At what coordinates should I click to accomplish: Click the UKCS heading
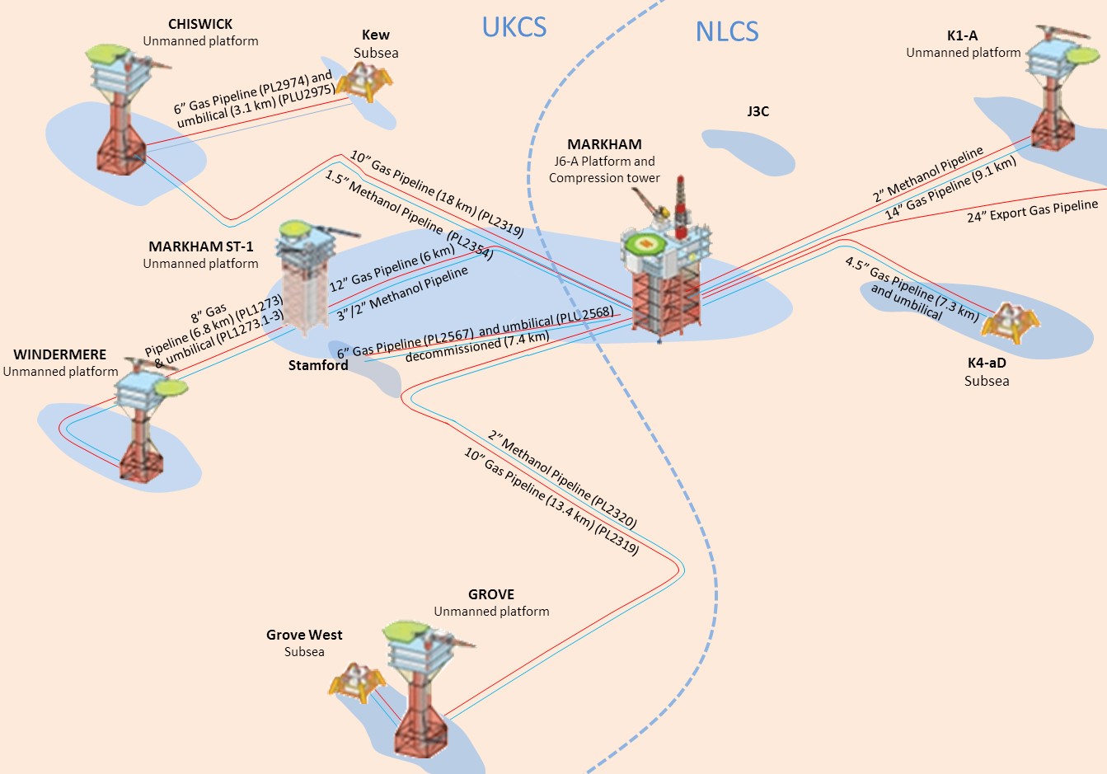[514, 27]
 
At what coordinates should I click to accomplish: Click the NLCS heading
[726, 31]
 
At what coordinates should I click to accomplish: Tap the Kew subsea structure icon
[364, 80]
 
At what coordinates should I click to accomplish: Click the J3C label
[758, 111]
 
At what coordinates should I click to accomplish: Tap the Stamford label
[318, 365]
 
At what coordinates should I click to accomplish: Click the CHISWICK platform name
[200, 24]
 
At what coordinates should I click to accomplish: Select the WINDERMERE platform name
[60, 354]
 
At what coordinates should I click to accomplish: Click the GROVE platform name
[491, 594]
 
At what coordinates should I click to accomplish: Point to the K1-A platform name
[963, 35]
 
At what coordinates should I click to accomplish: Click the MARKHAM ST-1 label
[201, 246]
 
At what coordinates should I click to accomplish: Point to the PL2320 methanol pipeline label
[561, 479]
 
